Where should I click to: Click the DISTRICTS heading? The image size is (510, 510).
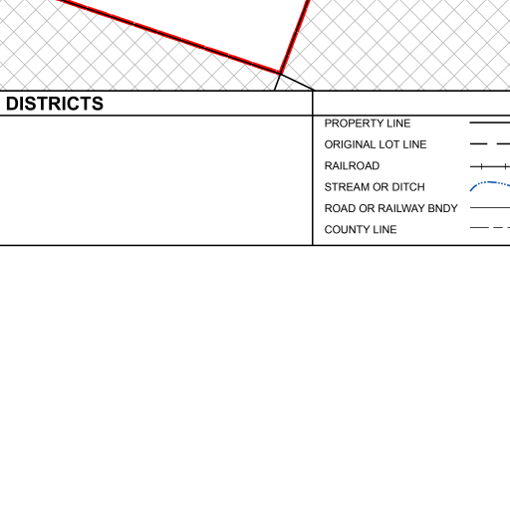tap(55, 104)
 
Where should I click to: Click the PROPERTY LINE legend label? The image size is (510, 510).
tap(368, 124)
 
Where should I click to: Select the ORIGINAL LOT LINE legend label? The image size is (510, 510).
tap(376, 144)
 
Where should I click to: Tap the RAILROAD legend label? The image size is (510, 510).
tap(352, 165)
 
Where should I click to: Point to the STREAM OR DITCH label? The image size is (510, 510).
tap(375, 187)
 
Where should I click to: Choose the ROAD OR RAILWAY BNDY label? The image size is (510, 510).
tap(390, 208)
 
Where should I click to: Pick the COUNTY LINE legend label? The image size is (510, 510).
tap(361, 229)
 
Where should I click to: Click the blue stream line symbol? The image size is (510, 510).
tap(490, 182)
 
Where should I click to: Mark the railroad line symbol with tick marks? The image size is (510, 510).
tap(490, 166)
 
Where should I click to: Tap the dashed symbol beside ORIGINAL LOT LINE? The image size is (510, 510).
tap(490, 144)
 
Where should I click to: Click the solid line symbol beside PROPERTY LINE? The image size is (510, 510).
tap(490, 123)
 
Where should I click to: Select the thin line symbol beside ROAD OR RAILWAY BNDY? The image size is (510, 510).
tap(490, 208)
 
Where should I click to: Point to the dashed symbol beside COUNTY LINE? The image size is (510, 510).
tap(490, 228)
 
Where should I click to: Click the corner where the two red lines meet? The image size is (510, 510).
tap(280, 73)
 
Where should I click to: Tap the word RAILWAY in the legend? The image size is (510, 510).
tap(401, 208)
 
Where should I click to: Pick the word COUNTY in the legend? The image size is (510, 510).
tap(344, 229)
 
